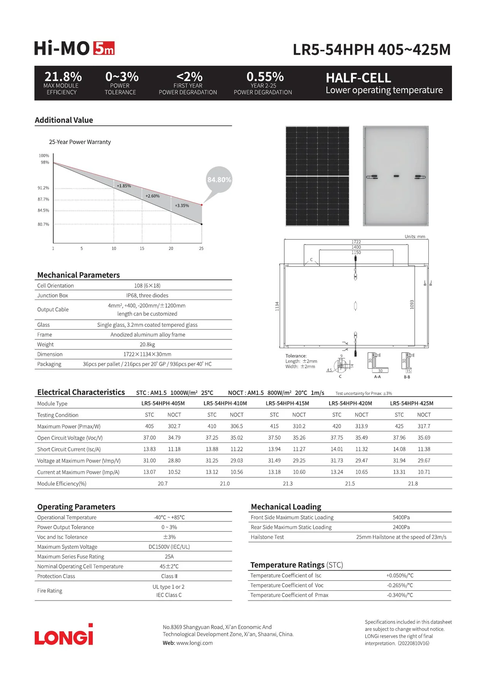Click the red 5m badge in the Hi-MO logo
click(x=104, y=49)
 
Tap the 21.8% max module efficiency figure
click(x=63, y=77)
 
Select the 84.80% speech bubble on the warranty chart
click(x=219, y=180)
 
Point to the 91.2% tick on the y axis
click(x=43, y=188)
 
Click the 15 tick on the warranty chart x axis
click(x=142, y=249)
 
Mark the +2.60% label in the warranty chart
click(x=153, y=196)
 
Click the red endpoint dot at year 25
click(x=202, y=205)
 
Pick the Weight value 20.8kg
click(x=147, y=344)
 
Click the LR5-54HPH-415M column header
click(x=287, y=403)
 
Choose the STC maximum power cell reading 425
click(x=399, y=426)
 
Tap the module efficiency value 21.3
click(x=288, y=484)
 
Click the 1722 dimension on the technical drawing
click(x=356, y=242)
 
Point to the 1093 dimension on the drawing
click(x=412, y=304)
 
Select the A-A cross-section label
click(x=377, y=377)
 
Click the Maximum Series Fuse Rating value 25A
click(x=169, y=556)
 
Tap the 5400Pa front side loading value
click(x=401, y=517)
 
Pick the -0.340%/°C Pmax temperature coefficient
click(x=400, y=595)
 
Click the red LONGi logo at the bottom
click(x=64, y=635)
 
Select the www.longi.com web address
click(x=194, y=643)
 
